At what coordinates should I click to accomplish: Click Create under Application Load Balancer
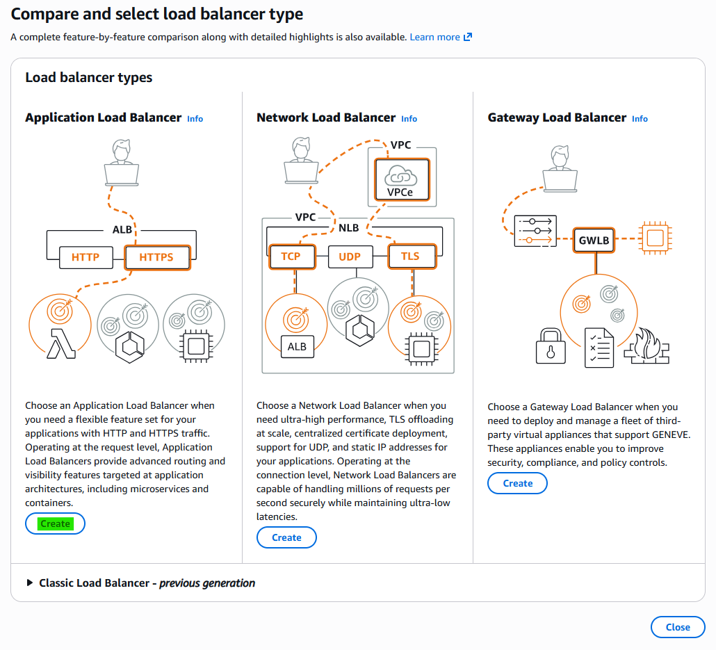[x=55, y=523]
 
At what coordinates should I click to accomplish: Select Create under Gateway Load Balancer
[x=517, y=483]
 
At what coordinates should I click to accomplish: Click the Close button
[x=678, y=627]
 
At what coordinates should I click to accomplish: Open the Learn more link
[x=441, y=37]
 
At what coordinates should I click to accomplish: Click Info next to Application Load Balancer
[x=195, y=119]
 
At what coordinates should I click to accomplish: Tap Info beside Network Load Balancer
[x=409, y=119]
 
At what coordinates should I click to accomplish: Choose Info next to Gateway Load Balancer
[x=640, y=119]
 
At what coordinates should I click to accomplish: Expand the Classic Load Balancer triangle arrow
[x=30, y=583]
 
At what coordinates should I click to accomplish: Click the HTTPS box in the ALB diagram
[x=157, y=258]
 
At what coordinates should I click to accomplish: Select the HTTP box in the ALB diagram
[x=86, y=258]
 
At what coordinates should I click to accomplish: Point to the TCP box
[x=292, y=257]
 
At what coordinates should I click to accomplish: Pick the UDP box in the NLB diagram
[x=350, y=257]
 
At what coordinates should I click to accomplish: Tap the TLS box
[x=412, y=257]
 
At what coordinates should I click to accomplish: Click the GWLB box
[x=594, y=241]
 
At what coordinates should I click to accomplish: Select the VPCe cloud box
[x=402, y=180]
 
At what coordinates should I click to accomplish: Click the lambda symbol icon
[x=61, y=343]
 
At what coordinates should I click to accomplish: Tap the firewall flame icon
[x=647, y=346]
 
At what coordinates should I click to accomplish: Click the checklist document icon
[x=599, y=348]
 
